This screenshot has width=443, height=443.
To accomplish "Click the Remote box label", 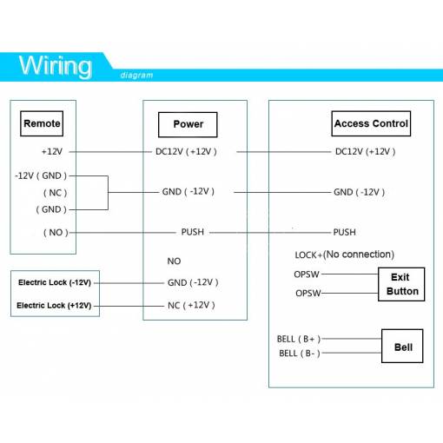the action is (42, 123).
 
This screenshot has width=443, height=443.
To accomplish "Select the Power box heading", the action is (188, 124).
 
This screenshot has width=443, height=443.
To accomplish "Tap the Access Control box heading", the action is (371, 123).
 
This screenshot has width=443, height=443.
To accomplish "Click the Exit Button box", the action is (401, 284).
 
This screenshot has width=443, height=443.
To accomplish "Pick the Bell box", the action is (402, 346).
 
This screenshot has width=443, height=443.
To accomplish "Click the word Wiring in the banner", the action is (56, 67).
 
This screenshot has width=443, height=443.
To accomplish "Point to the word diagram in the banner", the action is (136, 76).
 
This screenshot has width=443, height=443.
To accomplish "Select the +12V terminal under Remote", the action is (52, 151).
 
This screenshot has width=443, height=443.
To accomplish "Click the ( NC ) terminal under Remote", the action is (55, 193).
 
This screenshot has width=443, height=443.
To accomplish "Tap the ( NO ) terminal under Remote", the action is (56, 233).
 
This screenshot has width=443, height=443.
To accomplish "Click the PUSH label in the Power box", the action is (193, 232).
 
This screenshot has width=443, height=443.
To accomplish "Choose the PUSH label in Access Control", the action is (344, 232).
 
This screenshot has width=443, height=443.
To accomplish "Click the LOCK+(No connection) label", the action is (345, 255).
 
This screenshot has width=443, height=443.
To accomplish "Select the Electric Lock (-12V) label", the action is (55, 282).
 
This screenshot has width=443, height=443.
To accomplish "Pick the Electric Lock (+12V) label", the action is (54, 306).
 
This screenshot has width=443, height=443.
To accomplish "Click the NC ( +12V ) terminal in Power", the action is (191, 305).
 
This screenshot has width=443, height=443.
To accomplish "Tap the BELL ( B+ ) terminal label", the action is (299, 339).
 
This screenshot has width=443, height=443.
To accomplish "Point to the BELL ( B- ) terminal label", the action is (300, 354).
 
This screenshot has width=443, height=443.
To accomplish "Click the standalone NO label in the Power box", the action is (174, 261).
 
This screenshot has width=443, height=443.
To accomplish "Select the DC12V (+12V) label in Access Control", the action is (365, 152).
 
